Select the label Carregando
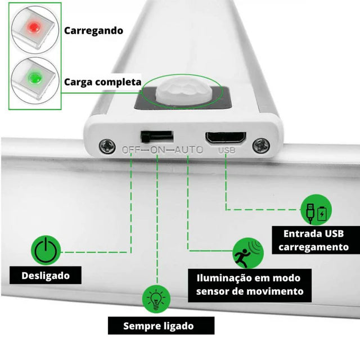click(93, 30)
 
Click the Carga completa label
click(102, 82)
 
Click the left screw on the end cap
click(107, 146)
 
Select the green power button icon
click(47, 250)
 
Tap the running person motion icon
click(248, 254)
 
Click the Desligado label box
click(46, 276)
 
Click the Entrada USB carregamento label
click(314, 240)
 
